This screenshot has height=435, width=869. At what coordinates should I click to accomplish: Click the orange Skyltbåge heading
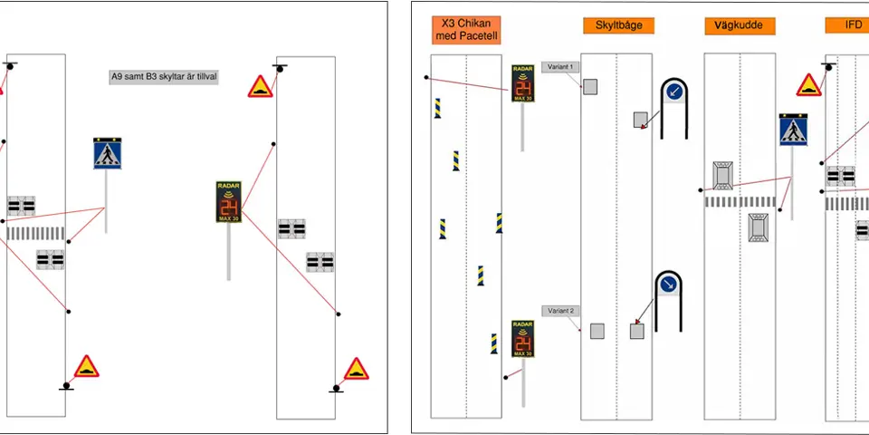[619, 25]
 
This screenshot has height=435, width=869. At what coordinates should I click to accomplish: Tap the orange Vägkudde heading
[740, 25]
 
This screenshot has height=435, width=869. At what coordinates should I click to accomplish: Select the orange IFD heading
[853, 25]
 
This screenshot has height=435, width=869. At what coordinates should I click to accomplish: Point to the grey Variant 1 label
[559, 67]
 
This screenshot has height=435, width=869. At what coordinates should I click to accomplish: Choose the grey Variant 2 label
[559, 311]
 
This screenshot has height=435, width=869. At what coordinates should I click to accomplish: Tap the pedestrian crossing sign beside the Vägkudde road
[793, 130]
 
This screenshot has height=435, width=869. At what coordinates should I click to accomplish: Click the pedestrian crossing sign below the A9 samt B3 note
[107, 153]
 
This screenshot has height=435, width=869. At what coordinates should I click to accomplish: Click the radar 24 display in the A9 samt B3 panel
[228, 201]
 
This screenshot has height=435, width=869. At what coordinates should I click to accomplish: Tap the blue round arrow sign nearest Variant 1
[673, 92]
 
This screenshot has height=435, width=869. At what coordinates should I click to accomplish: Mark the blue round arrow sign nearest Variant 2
[668, 285]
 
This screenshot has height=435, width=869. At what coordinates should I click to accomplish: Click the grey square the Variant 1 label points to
[590, 86]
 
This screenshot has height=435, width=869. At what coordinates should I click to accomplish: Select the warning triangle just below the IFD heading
[808, 86]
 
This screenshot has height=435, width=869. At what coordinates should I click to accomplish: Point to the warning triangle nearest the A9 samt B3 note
[262, 87]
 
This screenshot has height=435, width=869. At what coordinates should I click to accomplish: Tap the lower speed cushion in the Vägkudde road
[759, 227]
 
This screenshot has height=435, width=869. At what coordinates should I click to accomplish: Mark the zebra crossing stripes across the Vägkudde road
[740, 201]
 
